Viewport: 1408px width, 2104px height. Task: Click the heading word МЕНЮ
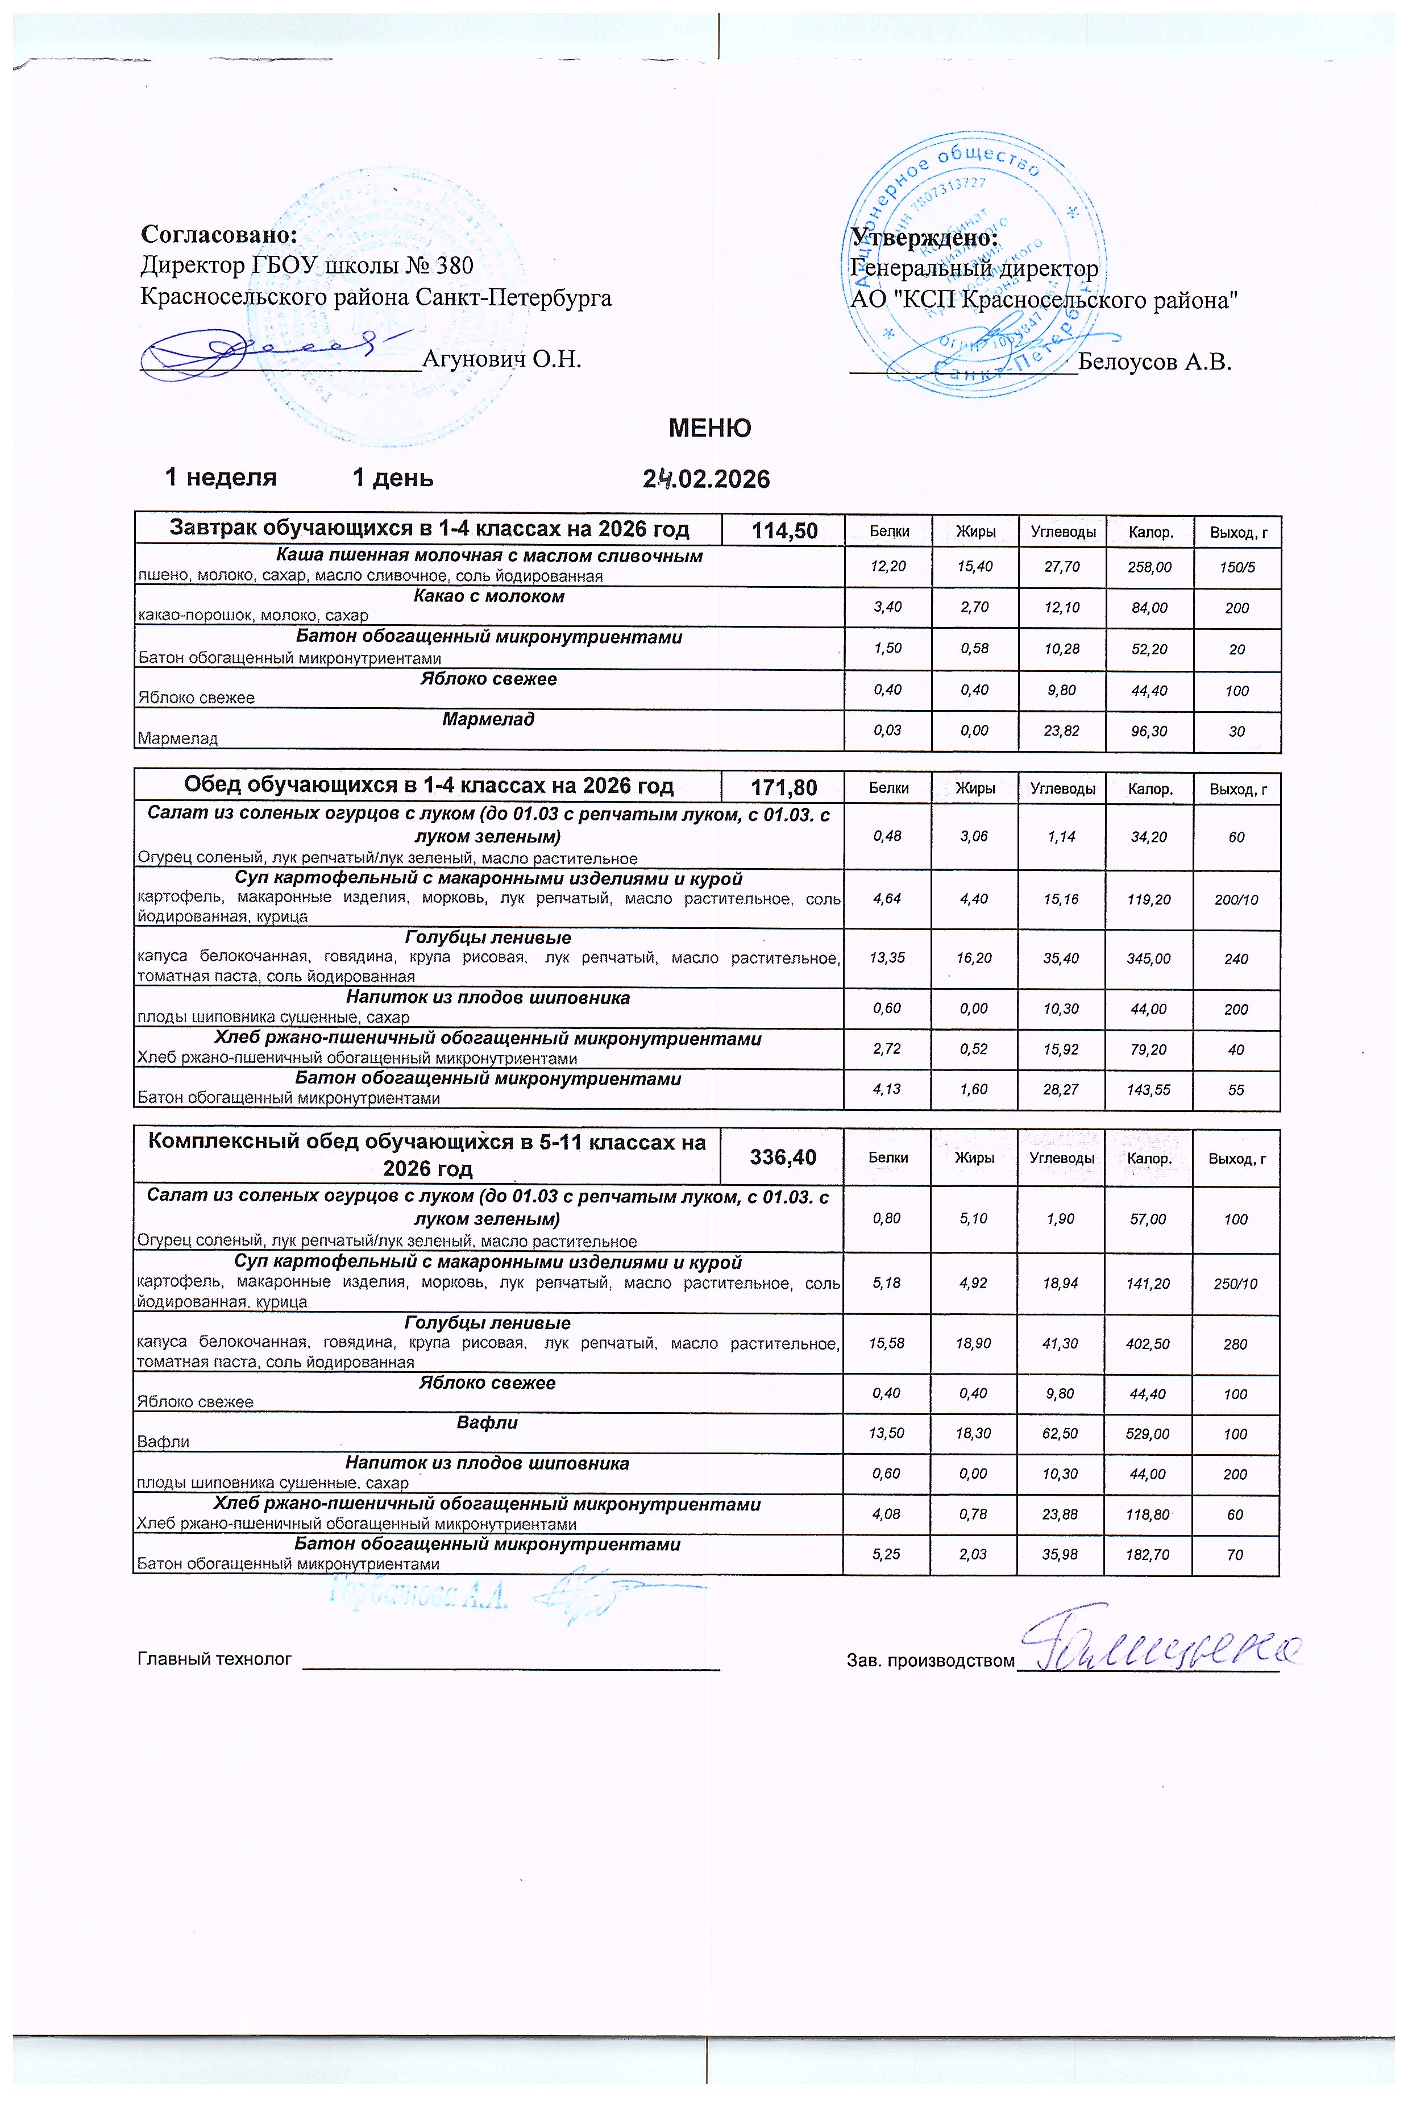point(709,428)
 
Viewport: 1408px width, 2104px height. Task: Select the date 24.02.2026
point(707,479)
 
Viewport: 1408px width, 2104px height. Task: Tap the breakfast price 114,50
point(784,531)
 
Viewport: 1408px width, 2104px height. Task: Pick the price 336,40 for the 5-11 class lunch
point(783,1157)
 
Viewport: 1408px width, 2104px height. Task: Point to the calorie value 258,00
point(1151,567)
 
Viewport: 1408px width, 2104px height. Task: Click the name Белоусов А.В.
point(1154,362)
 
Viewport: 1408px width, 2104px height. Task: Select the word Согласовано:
point(219,235)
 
